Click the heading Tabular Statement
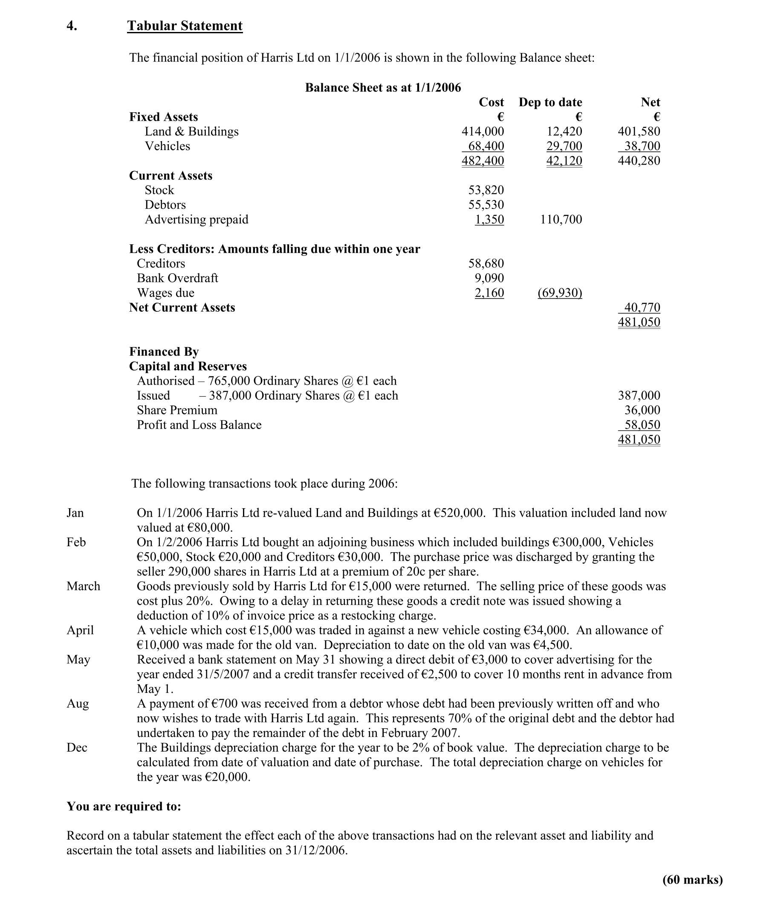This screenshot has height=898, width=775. tap(185, 26)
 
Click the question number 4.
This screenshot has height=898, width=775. tap(72, 26)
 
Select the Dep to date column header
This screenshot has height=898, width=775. tap(550, 102)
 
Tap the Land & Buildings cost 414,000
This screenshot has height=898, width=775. tap(483, 131)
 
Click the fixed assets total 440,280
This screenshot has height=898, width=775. tap(639, 161)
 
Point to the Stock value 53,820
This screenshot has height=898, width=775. tap(486, 190)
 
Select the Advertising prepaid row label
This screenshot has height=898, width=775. tap(196, 220)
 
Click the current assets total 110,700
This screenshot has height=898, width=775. tap(561, 220)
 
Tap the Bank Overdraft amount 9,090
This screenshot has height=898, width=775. tap(489, 278)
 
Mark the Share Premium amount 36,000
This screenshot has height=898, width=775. tap(642, 411)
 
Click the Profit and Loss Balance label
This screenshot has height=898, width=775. tap(199, 425)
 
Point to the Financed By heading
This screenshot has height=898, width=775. tap(164, 351)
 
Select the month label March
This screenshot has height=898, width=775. tap(83, 586)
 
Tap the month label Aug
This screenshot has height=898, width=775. tap(78, 704)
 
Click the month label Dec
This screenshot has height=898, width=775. tap(77, 747)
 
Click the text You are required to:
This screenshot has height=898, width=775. tap(124, 807)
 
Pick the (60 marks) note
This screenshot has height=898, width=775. tap(692, 880)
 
